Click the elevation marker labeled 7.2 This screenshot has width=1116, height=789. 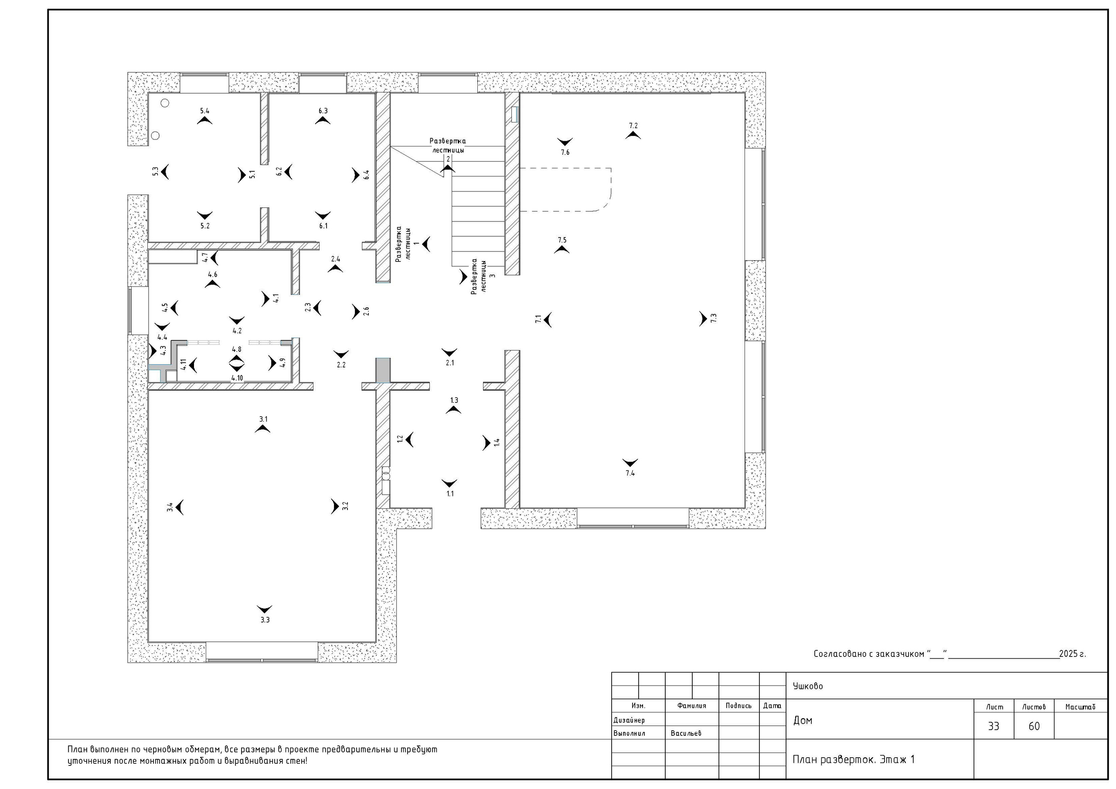pyautogui.click(x=633, y=136)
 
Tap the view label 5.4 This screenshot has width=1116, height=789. pyautogui.click(x=204, y=111)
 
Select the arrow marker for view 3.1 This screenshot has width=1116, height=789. pyautogui.click(x=262, y=429)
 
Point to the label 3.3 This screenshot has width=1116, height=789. pyautogui.click(x=265, y=620)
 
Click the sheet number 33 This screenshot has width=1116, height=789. pyautogui.click(x=994, y=726)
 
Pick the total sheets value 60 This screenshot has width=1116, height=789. pyautogui.click(x=1034, y=726)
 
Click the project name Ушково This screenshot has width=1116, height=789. pyautogui.click(x=808, y=687)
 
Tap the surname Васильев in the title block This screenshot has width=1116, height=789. pyautogui.click(x=686, y=733)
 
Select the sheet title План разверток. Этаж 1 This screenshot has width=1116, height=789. pyautogui.click(x=854, y=759)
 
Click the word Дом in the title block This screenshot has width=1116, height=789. pyautogui.click(x=803, y=721)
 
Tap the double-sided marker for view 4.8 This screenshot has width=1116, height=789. pyautogui.click(x=237, y=363)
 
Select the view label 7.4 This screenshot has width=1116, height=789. pyautogui.click(x=630, y=473)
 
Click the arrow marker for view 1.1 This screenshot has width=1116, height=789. pyautogui.click(x=449, y=483)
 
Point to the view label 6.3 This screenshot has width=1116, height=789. pyautogui.click(x=323, y=111)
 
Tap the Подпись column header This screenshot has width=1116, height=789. pyautogui.click(x=739, y=706)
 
